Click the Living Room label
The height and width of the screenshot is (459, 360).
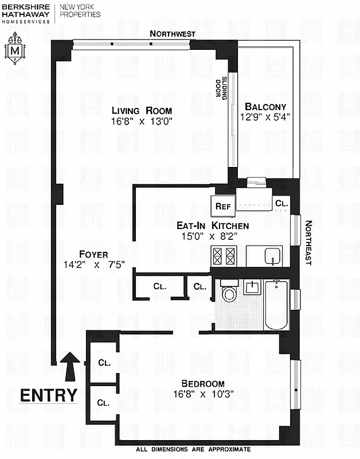coord(142,111)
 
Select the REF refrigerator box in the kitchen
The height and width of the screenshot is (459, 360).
coord(222,205)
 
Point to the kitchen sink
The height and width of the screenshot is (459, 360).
coord(273,255)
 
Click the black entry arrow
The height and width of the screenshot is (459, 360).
coord(71,366)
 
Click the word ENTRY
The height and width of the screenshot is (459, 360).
coord(49,395)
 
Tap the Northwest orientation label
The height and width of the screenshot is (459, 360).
coord(172,34)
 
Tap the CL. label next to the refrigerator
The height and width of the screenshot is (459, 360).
coord(281,203)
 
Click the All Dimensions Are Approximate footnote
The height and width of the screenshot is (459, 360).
coord(193,449)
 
